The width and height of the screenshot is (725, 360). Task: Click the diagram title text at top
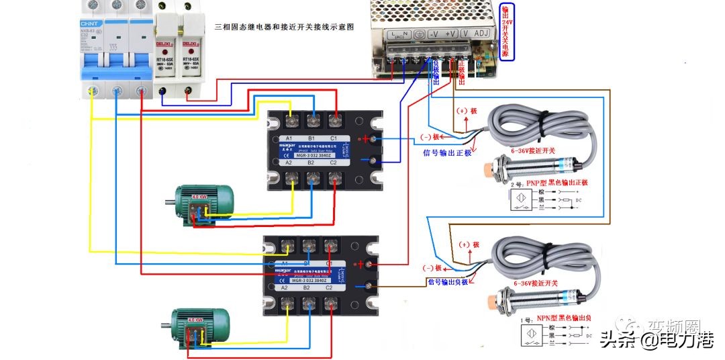tap(284, 28)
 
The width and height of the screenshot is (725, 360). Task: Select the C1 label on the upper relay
tap(334, 139)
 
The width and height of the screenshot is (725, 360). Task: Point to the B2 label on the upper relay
tap(311, 163)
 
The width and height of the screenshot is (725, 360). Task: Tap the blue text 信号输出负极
tap(452, 281)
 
